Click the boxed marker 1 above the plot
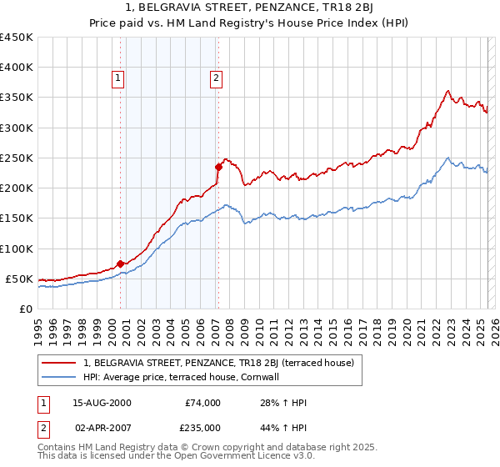(x=117, y=79)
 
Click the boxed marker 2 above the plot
(x=216, y=79)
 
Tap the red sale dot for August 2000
(x=120, y=264)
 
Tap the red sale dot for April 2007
(x=218, y=166)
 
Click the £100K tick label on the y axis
(x=16, y=249)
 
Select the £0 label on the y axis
(x=25, y=309)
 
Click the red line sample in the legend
(x=58, y=363)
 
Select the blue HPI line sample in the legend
(x=58, y=377)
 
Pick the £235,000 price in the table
(x=203, y=428)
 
